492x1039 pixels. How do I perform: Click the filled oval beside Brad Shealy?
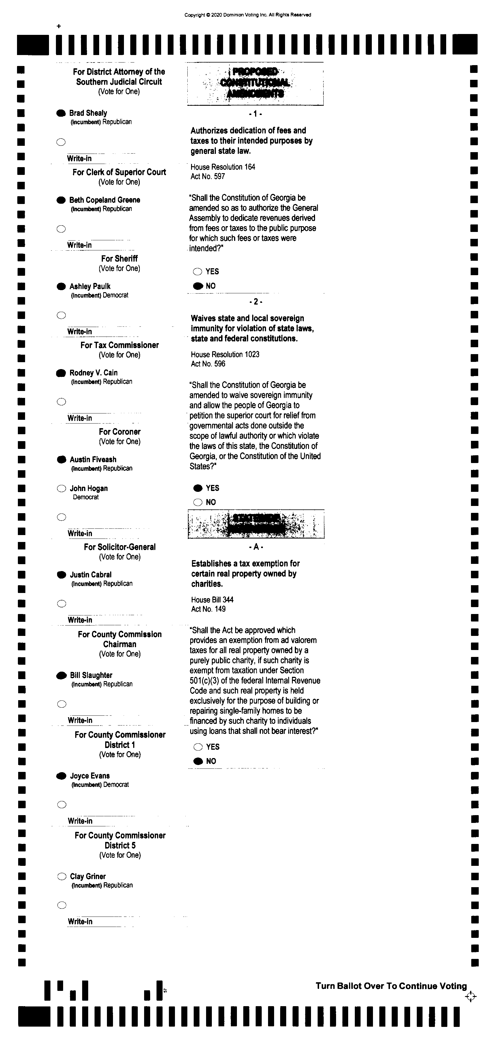61,113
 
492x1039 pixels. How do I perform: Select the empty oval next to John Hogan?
61,488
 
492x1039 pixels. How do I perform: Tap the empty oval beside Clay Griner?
62,876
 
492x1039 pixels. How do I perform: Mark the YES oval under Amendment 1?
197,272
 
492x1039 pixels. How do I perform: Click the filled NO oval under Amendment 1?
198,286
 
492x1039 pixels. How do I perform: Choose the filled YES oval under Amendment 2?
198,488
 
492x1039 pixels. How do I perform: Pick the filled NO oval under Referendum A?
198,761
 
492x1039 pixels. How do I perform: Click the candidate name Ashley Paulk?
90,286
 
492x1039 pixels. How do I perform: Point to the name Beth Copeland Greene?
105,200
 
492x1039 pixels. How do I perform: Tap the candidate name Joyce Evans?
90,776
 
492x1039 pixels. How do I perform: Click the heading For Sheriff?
119,258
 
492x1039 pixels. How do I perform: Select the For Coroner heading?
119,432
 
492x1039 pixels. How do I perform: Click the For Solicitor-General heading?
119,547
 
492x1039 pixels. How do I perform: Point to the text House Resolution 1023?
225,354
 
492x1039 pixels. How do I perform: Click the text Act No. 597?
208,176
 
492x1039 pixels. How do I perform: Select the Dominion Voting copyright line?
247,15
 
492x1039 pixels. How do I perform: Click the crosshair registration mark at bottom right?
470,997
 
